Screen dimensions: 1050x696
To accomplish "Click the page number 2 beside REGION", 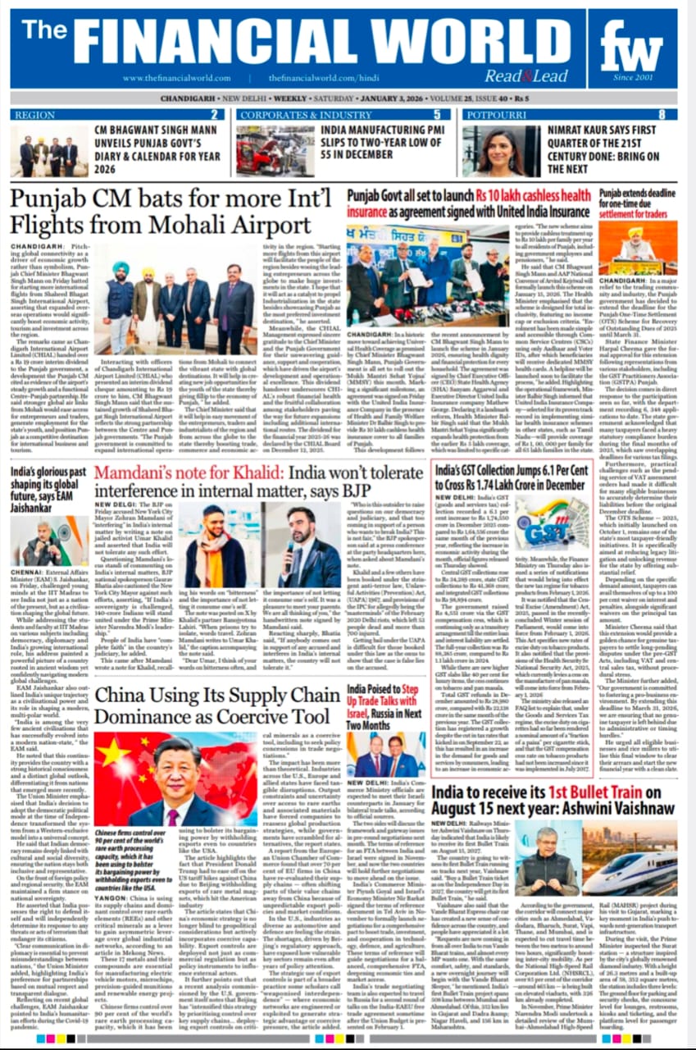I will [x=215, y=115].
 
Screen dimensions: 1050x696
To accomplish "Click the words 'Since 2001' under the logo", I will [x=633, y=79].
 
